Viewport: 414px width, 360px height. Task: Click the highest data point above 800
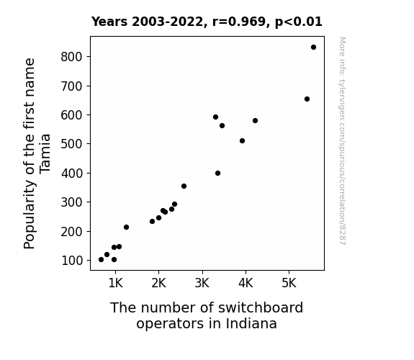(313, 48)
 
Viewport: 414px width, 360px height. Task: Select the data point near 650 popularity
(307, 99)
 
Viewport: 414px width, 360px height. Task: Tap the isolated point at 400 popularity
(217, 174)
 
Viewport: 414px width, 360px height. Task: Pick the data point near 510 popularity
(242, 141)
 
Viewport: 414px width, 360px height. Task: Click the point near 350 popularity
(184, 186)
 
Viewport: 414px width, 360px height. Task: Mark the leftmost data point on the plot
(101, 260)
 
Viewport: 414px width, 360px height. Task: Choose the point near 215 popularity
(126, 227)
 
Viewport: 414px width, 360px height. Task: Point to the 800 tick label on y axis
(72, 57)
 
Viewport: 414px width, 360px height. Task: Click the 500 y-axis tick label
(72, 144)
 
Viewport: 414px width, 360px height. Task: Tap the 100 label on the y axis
(72, 261)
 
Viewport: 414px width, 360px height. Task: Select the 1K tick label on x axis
(115, 283)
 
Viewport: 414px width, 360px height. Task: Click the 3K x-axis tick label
(202, 283)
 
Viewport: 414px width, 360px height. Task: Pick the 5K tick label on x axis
(289, 283)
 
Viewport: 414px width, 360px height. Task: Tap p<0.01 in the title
(299, 22)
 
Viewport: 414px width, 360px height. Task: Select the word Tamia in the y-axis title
(45, 154)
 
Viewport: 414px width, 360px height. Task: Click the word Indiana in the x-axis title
(251, 323)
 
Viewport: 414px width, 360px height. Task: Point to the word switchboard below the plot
(261, 307)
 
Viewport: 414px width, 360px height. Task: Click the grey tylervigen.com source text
(342, 141)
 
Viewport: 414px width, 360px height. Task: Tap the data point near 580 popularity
(255, 121)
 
